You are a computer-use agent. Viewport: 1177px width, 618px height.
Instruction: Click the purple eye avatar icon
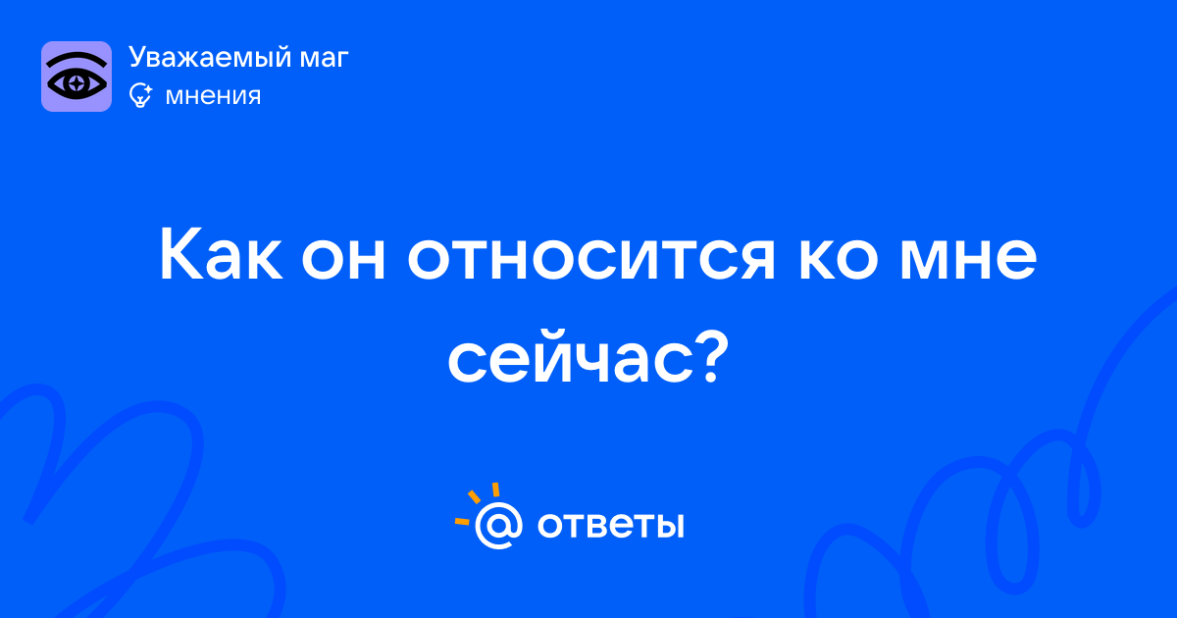point(77,77)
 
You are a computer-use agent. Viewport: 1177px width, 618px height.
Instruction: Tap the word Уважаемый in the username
point(210,58)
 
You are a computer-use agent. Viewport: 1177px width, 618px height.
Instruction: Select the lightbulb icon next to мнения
point(140,95)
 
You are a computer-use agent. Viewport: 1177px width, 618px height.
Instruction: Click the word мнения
point(213,97)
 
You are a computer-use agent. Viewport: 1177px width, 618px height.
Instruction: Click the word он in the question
point(343,260)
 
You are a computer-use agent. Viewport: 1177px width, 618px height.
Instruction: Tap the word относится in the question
point(591,260)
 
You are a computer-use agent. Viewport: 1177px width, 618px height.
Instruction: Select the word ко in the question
point(838,260)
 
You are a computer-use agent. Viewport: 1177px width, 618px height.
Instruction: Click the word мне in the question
point(968,260)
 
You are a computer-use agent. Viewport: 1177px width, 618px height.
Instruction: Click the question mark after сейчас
point(713,357)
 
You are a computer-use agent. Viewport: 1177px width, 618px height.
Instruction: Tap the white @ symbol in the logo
point(498,525)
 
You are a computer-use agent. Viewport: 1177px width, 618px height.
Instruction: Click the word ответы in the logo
point(610,525)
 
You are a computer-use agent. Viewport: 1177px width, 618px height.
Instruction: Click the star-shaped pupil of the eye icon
point(77,83)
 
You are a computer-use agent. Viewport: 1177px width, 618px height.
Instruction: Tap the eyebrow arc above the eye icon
point(77,60)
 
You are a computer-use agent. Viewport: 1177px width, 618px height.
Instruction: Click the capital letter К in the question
point(180,254)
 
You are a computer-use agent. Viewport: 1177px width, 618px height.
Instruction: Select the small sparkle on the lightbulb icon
point(148,89)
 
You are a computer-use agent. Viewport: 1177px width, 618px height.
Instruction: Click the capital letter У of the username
point(137,58)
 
